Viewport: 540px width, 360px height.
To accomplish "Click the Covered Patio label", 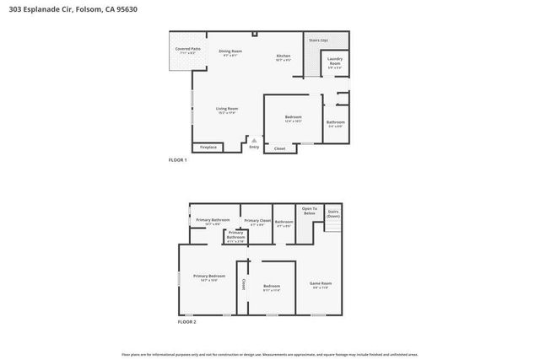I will coord(188,51).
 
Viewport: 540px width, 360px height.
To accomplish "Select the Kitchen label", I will coord(283,57).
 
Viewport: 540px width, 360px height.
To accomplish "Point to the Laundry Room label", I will coord(335,63).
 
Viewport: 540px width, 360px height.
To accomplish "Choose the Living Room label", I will coord(227,110).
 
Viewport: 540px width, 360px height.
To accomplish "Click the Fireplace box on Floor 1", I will coord(208,148).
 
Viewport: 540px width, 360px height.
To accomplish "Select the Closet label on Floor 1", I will coord(280,148).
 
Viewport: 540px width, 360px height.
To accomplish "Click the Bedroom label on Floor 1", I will coord(293,118).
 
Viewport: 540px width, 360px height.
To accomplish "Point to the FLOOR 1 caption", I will coord(177,159).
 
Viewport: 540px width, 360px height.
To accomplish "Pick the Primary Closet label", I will coord(257,222).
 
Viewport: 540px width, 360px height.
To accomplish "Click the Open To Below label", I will coord(309,211).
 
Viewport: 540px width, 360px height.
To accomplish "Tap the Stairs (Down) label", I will coord(333,213).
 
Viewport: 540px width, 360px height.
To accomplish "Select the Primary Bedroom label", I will coord(209,277).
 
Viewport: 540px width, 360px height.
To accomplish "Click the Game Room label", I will coord(321,284).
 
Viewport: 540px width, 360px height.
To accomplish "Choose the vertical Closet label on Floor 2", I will coord(244,284).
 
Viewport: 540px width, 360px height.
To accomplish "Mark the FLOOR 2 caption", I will coord(186,321).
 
